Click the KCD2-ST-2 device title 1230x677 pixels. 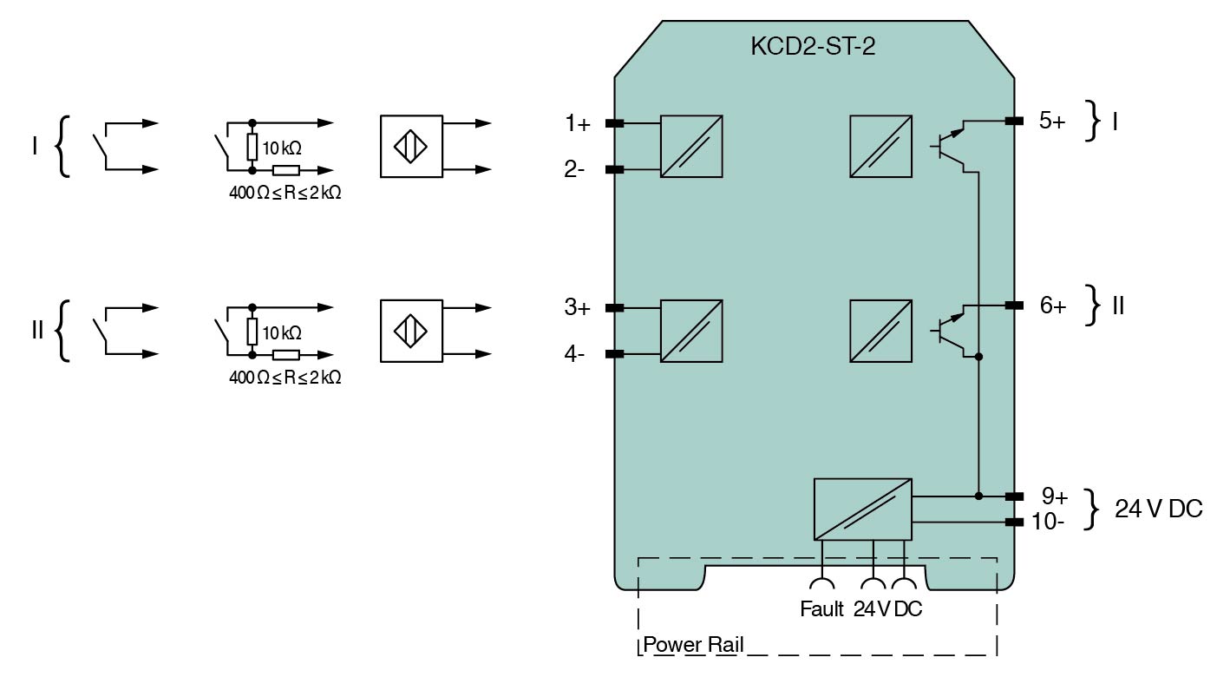812,47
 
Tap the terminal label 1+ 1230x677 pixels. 577,124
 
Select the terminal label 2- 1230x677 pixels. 574,169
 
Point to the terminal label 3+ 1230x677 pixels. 577,308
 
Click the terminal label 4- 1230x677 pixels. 574,354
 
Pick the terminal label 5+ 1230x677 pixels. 1051,121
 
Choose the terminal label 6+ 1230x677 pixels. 1052,306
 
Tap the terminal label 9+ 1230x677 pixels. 1054,496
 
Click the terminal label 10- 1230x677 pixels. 1049,522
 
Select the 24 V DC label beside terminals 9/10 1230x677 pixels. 1158,509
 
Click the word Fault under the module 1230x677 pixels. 821,609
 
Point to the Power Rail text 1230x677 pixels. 693,646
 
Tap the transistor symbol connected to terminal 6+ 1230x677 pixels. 953,331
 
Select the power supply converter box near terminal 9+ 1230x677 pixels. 862,509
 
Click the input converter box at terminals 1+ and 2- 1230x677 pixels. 691,146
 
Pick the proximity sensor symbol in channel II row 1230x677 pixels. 410,331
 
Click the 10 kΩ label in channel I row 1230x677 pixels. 282,148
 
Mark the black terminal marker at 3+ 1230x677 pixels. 614,308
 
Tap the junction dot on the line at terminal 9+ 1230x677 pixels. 978,496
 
